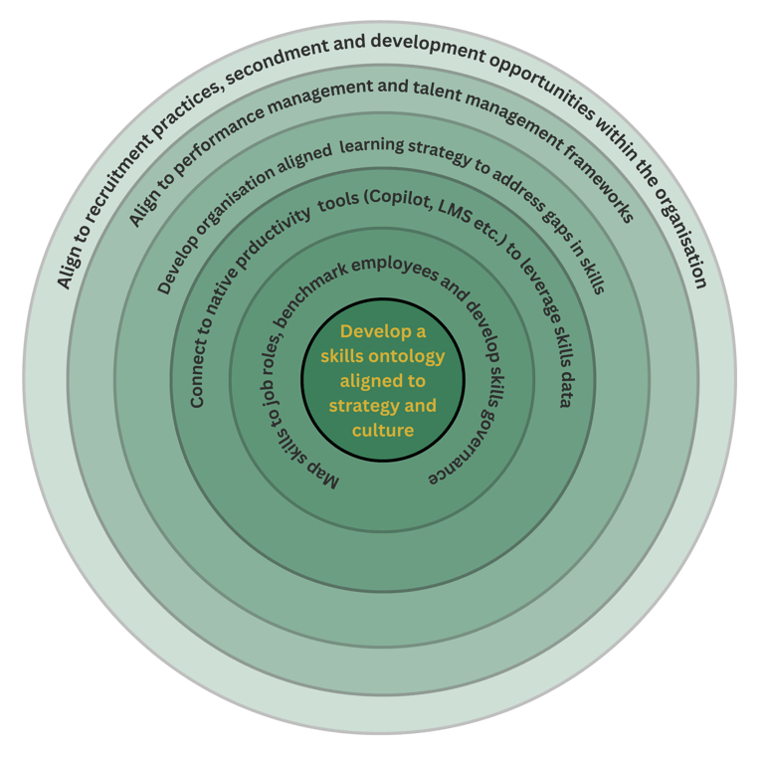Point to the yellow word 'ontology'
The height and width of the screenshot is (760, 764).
click(x=404, y=356)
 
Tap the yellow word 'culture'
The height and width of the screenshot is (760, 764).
click(x=382, y=431)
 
